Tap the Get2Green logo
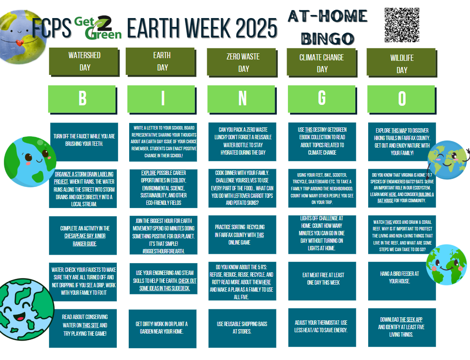[x=97, y=27]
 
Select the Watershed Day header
[x=84, y=61]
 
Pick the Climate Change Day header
[x=322, y=63]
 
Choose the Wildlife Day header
[x=402, y=63]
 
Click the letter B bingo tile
[x=82, y=98]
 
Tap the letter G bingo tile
[x=322, y=98]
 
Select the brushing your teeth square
[x=84, y=140]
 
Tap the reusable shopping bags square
[x=242, y=328]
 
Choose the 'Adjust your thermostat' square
[x=322, y=327]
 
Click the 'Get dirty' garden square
[x=162, y=328]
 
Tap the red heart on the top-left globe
[x=19, y=42]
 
